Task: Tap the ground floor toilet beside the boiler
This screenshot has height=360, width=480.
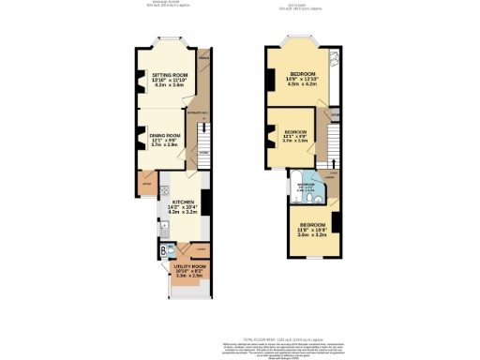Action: pos(172,250)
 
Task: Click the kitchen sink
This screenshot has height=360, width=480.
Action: pos(163,228)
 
